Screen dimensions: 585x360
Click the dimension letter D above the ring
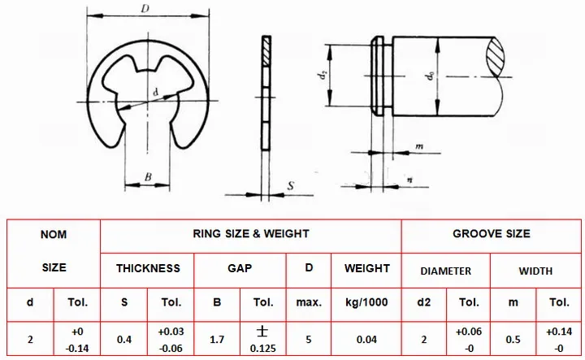[x=145, y=9]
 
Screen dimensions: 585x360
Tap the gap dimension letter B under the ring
[x=148, y=177]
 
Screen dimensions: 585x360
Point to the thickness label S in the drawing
[x=291, y=185]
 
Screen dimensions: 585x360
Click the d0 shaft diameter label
[x=430, y=76]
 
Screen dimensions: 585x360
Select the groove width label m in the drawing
[x=419, y=146]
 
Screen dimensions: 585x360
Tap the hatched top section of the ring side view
[x=266, y=51]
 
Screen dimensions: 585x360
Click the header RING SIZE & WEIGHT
[x=251, y=234]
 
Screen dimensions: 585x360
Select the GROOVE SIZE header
[x=492, y=234]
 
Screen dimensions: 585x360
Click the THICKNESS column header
[x=148, y=268]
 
